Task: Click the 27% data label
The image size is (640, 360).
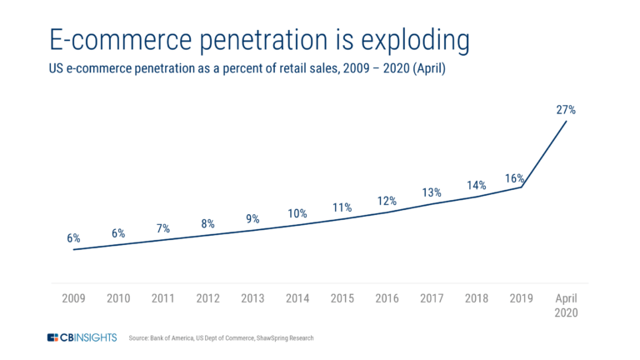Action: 567,108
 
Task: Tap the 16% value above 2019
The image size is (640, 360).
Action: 513,177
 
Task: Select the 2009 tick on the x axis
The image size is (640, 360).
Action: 73,297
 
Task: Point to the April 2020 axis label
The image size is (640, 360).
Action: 567,305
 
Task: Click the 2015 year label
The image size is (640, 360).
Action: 342,297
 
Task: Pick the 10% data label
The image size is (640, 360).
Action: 297,213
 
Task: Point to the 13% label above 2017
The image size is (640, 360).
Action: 432,192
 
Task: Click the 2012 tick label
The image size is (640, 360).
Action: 207,297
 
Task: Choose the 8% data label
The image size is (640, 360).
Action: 207,223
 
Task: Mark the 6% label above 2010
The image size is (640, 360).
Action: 118,234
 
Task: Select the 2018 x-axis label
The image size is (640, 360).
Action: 477,297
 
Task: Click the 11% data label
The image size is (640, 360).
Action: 342,207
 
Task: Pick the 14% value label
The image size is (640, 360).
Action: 477,186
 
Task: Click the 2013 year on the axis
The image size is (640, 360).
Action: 252,297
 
